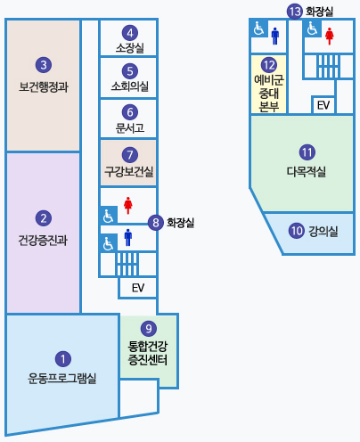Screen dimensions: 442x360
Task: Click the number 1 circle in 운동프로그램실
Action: pyautogui.click(x=62, y=359)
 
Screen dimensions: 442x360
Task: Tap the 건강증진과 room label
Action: pyautogui.click(x=43, y=240)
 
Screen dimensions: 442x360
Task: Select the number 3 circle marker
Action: pyautogui.click(x=43, y=64)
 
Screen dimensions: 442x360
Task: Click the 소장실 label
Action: pyautogui.click(x=129, y=47)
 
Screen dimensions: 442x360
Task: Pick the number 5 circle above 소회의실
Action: pyautogui.click(x=130, y=70)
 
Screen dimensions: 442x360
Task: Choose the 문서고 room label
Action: pyautogui.click(x=129, y=127)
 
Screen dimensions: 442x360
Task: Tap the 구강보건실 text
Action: pyautogui.click(x=129, y=170)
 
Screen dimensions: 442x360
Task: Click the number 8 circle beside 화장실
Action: pyautogui.click(x=156, y=223)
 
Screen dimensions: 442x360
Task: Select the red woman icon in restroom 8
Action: pyautogui.click(x=128, y=206)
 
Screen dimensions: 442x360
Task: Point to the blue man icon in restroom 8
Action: pyautogui.click(x=128, y=237)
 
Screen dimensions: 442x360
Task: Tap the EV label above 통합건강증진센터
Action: pyautogui.click(x=138, y=288)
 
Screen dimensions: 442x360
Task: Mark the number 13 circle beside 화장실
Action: pyautogui.click(x=295, y=11)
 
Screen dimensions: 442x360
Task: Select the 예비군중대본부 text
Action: pyautogui.click(x=268, y=93)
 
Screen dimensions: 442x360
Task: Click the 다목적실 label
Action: pyautogui.click(x=306, y=170)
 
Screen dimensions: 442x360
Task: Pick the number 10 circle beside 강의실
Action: pyautogui.click(x=297, y=230)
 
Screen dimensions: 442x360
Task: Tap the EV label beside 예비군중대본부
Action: pyautogui.click(x=323, y=105)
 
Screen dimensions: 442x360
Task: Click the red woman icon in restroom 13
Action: pyautogui.click(x=329, y=36)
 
